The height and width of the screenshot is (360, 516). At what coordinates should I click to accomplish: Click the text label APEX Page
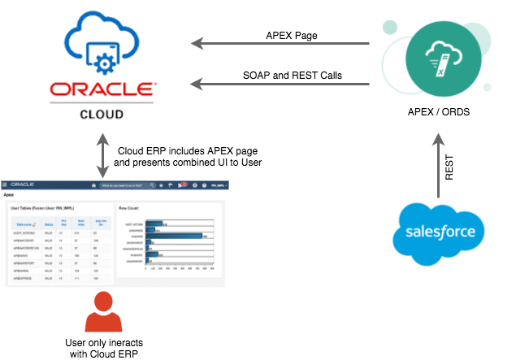[x=292, y=35]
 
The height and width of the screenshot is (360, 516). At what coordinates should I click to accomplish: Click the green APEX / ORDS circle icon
[x=440, y=56]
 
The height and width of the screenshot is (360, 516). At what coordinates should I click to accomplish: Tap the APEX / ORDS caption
[x=439, y=111]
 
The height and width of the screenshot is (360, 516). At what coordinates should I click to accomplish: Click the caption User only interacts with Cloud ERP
[x=102, y=347]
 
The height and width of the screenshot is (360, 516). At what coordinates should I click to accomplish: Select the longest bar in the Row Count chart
[x=175, y=236]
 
